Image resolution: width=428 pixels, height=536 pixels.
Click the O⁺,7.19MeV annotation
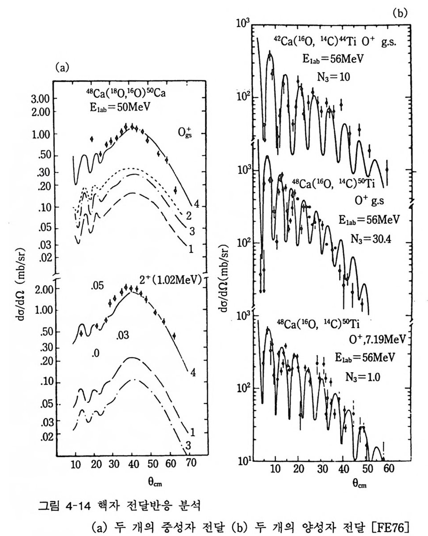pyautogui.click(x=374, y=340)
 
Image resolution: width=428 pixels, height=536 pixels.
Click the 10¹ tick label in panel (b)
pyautogui.click(x=244, y=462)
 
